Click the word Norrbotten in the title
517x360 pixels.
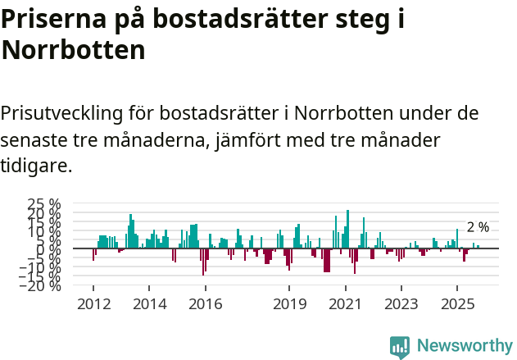(x=74, y=50)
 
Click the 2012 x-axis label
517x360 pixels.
(x=93, y=303)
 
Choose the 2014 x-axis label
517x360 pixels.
(x=148, y=303)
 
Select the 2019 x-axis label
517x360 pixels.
(x=288, y=303)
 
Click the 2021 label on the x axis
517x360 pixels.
(x=345, y=303)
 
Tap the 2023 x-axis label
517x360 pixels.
(x=401, y=303)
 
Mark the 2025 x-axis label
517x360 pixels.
(x=456, y=303)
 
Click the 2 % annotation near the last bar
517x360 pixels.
(x=478, y=227)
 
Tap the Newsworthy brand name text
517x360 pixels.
(x=464, y=346)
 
